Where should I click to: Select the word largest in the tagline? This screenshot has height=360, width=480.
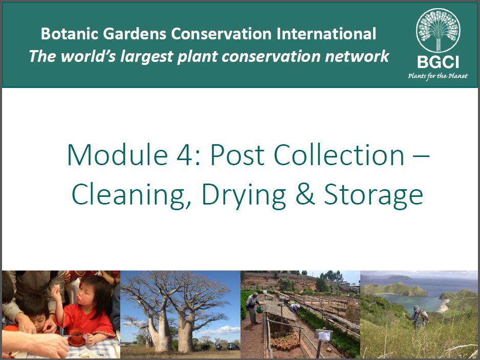pyautogui.click(x=147, y=57)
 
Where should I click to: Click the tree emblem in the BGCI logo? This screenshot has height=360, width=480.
pyautogui.click(x=438, y=30)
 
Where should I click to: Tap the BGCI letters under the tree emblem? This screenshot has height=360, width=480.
pyautogui.click(x=438, y=62)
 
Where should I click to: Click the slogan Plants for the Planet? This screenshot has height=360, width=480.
pyautogui.click(x=438, y=76)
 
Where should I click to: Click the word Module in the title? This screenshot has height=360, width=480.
pyautogui.click(x=117, y=154)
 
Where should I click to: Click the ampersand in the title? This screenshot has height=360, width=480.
pyautogui.click(x=305, y=194)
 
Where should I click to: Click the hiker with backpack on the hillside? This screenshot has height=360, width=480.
pyautogui.click(x=418, y=316)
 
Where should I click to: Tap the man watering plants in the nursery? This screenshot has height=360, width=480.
pyautogui.click(x=253, y=308)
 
